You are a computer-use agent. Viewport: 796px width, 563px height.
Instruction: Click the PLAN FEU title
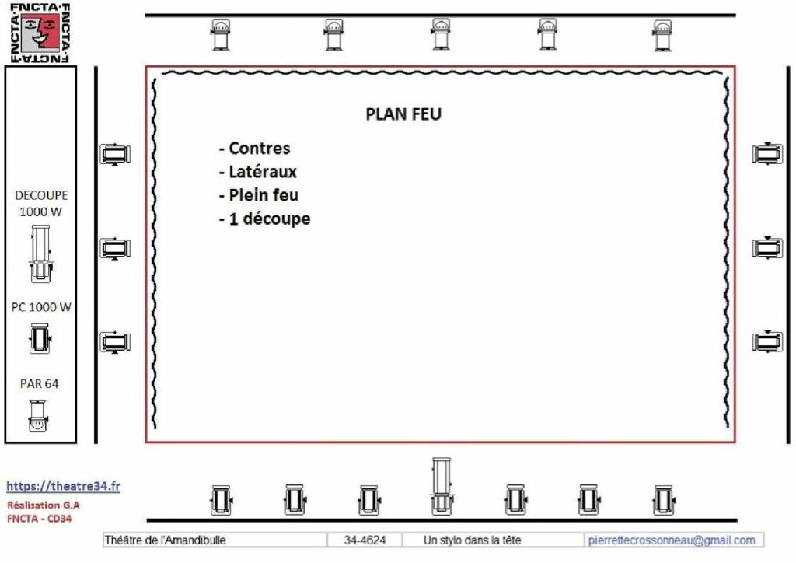[403, 114]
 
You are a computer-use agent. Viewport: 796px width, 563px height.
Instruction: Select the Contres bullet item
[255, 149]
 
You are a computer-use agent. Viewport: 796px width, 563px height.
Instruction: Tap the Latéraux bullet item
[258, 172]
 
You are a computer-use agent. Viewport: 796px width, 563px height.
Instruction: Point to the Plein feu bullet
[259, 195]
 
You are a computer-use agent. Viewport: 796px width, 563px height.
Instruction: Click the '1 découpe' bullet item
[264, 219]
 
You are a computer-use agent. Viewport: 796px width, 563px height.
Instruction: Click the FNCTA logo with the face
[40, 33]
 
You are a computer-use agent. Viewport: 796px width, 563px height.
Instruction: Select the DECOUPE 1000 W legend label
[41, 203]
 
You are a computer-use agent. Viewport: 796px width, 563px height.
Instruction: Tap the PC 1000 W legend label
[41, 307]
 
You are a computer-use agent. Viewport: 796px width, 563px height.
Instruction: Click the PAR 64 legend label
[39, 384]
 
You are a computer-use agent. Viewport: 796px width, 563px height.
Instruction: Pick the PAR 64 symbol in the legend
[38, 416]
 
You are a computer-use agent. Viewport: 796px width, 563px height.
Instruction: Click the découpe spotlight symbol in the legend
[40, 254]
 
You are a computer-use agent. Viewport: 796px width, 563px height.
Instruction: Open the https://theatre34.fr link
[64, 486]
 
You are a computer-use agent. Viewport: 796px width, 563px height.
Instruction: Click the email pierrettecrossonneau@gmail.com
[672, 540]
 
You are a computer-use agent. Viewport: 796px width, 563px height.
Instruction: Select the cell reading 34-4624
[365, 540]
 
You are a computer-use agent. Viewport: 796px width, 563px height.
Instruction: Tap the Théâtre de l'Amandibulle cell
[215, 540]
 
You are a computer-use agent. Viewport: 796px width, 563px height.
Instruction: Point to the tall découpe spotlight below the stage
[442, 486]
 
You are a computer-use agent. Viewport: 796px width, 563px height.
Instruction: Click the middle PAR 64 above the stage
[440, 34]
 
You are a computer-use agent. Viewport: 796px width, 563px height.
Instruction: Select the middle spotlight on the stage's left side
[115, 248]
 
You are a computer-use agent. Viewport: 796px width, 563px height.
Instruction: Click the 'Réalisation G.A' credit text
[44, 505]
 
